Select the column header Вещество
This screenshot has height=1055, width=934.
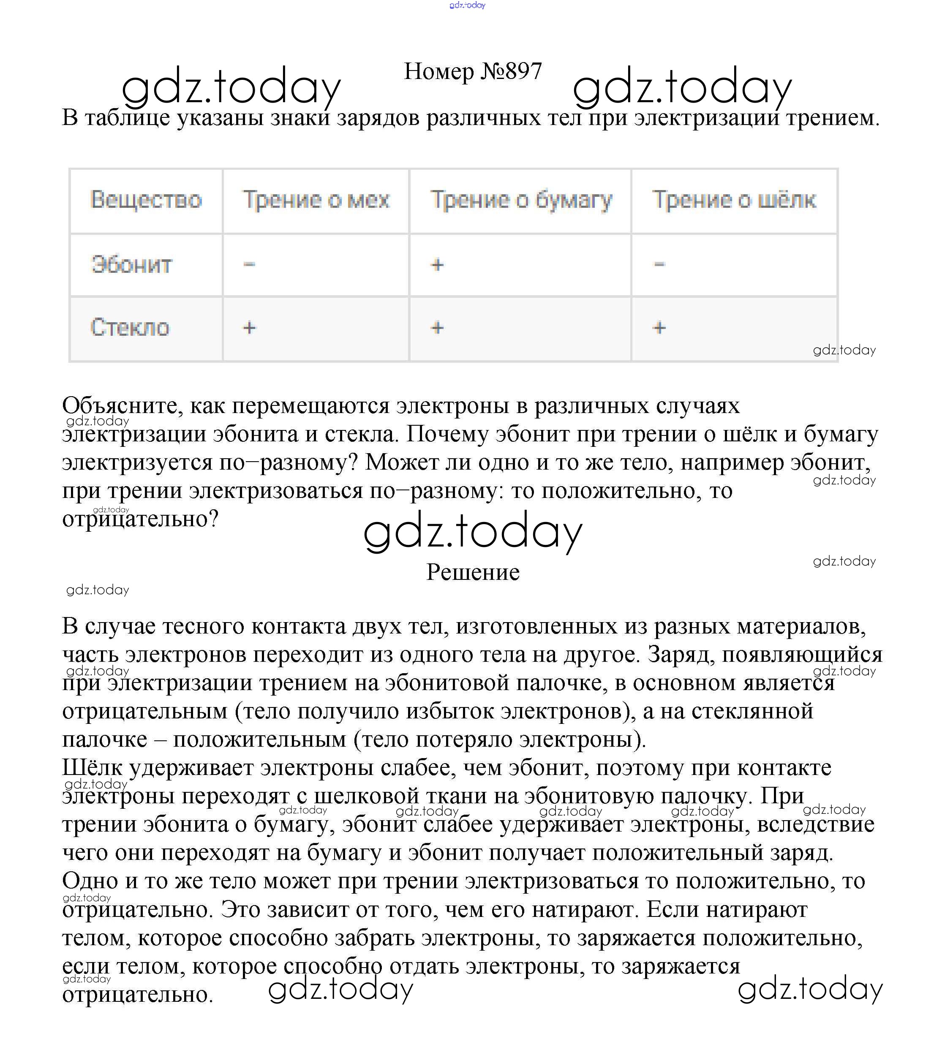coord(146,200)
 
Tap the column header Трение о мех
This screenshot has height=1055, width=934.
coord(316,200)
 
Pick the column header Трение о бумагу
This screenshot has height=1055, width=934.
coord(521,200)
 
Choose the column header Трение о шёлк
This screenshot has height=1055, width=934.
coord(734,200)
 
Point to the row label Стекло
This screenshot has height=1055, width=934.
coord(130,328)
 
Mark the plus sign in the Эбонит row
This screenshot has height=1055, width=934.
coord(437,265)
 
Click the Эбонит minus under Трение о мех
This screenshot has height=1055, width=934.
coord(249,264)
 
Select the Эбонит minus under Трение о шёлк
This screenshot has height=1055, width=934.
coord(659,264)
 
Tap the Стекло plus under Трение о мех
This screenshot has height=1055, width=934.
coord(249,328)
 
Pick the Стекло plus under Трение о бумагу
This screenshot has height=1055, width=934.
coord(437,328)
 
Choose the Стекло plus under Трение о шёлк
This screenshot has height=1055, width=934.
coord(659,328)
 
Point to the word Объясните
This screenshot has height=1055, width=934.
coord(123,406)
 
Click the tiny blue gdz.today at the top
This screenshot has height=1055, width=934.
coord(467,5)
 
